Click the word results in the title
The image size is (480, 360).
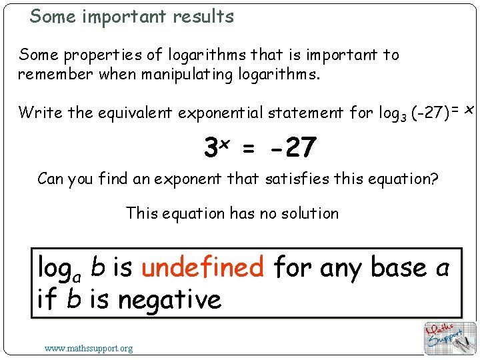click(203, 16)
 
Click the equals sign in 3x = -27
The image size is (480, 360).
click(248, 150)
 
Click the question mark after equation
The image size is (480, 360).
click(434, 179)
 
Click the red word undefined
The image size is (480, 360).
click(203, 267)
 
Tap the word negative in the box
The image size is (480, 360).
click(169, 299)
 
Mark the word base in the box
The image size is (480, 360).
click(398, 267)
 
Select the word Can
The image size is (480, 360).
click(51, 179)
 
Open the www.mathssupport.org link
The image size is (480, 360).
click(88, 348)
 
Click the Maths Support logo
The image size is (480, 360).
click(450, 338)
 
